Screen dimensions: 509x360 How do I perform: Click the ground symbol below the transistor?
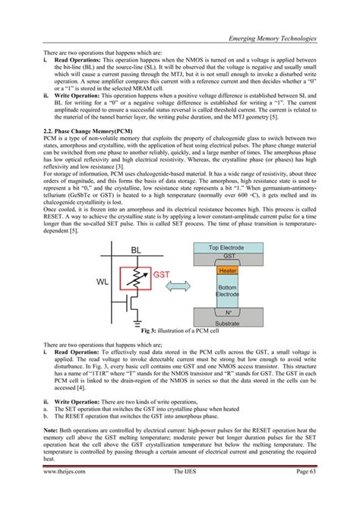point(135,321)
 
